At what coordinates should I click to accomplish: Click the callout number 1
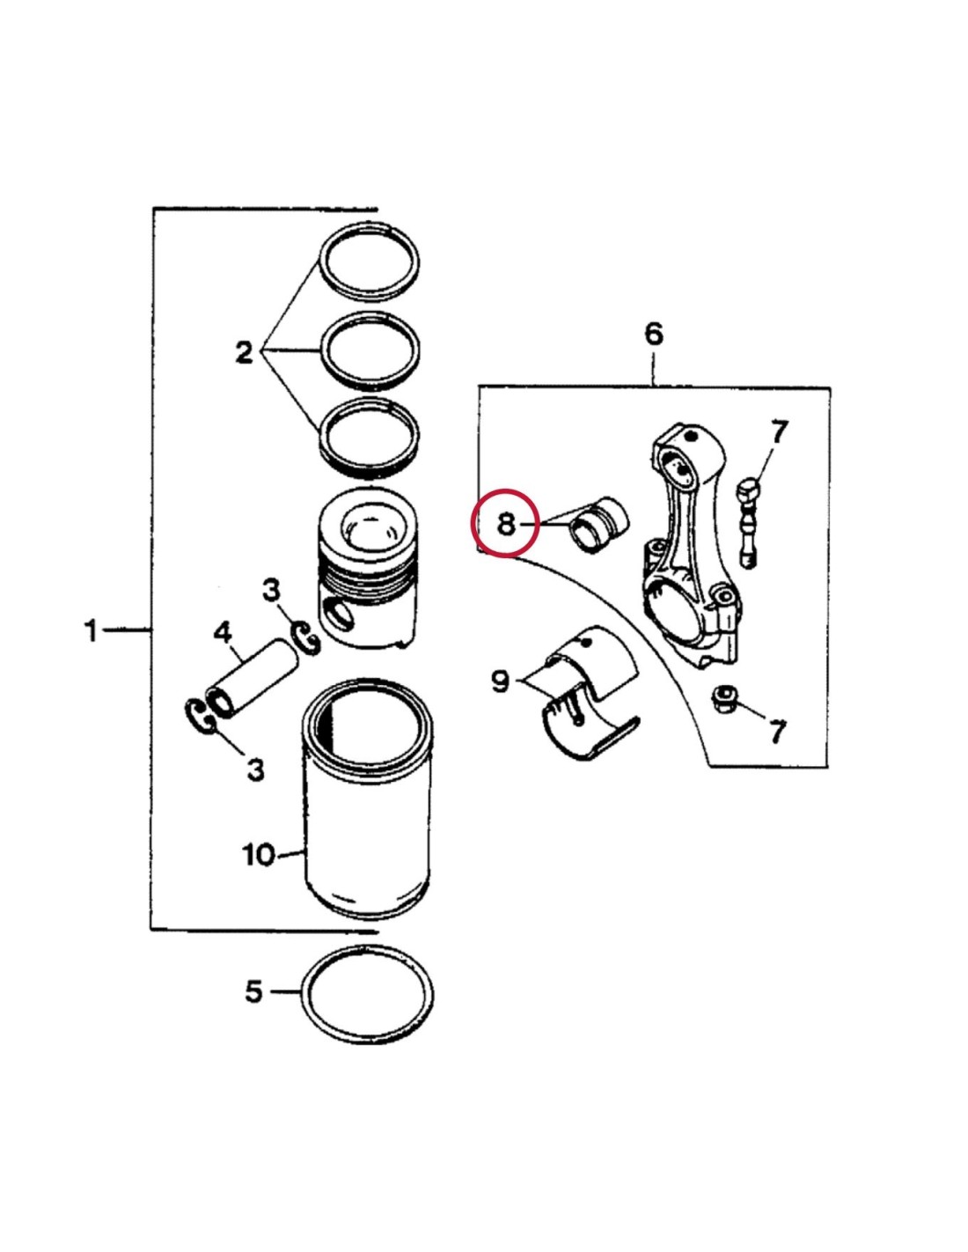[x=91, y=630]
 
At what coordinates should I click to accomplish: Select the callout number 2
[x=244, y=352]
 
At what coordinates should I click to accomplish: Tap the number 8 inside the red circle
[x=505, y=525]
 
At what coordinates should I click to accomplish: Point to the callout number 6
[x=653, y=334]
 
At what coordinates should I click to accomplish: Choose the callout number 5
[x=254, y=991]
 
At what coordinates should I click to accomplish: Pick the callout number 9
[x=501, y=680]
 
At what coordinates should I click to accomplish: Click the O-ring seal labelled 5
[x=368, y=996]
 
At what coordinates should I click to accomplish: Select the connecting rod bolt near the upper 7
[x=748, y=520]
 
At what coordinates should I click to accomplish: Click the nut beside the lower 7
[x=724, y=701]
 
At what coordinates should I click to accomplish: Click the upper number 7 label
[x=779, y=433]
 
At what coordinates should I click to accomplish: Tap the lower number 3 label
[x=255, y=770]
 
